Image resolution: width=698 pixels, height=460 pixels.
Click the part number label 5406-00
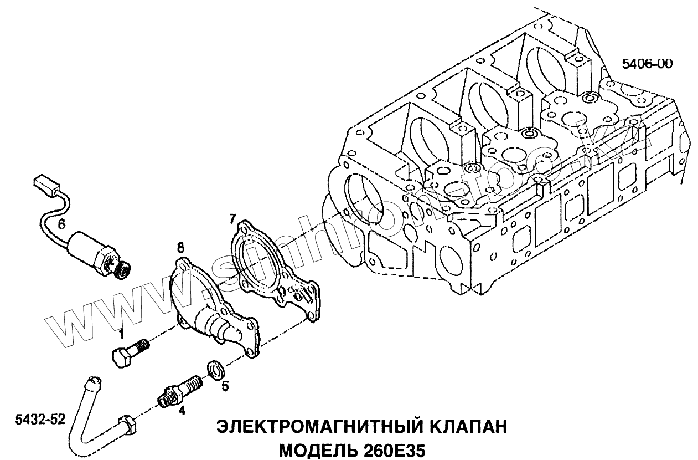point(647,64)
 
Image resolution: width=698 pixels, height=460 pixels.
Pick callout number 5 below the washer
point(225,386)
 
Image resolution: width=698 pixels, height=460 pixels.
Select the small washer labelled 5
point(215,368)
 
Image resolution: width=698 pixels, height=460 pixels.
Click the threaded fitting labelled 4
point(180,390)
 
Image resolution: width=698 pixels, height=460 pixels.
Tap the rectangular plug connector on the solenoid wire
point(46,184)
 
